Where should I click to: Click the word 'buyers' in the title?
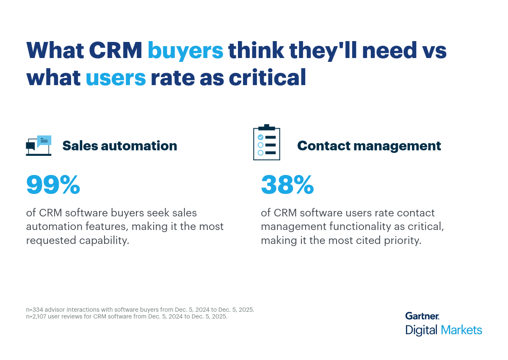click(x=185, y=51)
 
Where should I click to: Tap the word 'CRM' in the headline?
click(x=115, y=51)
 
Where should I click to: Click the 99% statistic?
click(x=53, y=185)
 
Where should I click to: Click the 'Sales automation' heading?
click(x=120, y=146)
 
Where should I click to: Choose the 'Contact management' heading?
click(x=369, y=146)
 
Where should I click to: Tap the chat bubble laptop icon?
click(x=39, y=146)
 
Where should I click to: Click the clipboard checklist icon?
click(x=266, y=143)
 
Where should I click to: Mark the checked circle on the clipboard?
click(x=260, y=137)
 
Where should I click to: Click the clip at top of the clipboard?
click(x=266, y=127)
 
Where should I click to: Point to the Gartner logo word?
click(x=422, y=316)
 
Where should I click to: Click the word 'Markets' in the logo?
click(x=461, y=330)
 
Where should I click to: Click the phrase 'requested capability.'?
click(x=77, y=240)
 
